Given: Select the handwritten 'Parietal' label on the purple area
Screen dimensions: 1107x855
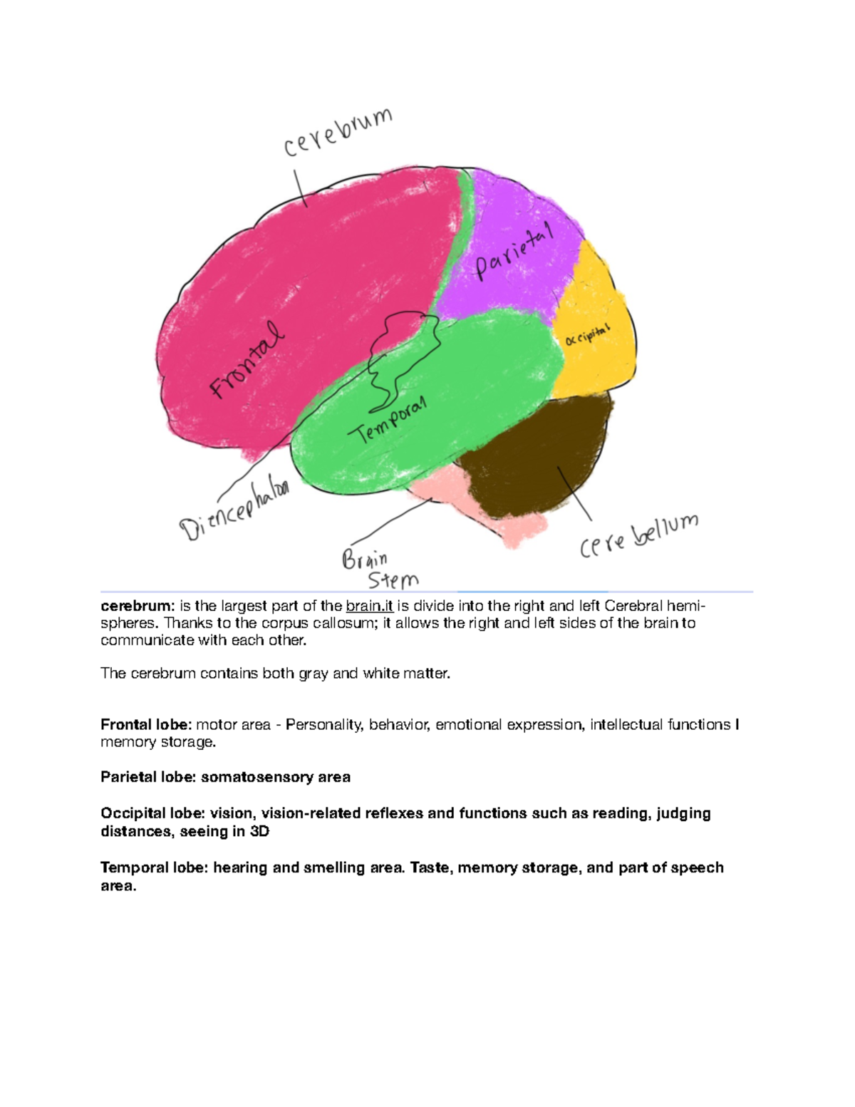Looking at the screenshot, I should (514, 252).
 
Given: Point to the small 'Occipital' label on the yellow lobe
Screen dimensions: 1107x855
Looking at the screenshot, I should (588, 335).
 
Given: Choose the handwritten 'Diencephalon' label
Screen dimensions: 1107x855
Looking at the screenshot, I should (234, 510).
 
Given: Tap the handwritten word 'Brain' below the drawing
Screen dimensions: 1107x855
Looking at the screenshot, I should (365, 558).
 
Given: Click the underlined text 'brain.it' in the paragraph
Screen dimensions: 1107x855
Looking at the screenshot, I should (369, 607).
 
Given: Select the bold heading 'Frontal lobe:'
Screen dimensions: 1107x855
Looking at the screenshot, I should (146, 725).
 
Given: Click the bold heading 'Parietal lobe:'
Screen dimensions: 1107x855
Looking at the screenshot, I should (148, 778).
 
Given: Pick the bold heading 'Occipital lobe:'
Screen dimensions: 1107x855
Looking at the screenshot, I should (152, 813).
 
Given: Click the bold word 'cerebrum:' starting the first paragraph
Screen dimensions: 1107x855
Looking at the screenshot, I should (137, 607).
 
